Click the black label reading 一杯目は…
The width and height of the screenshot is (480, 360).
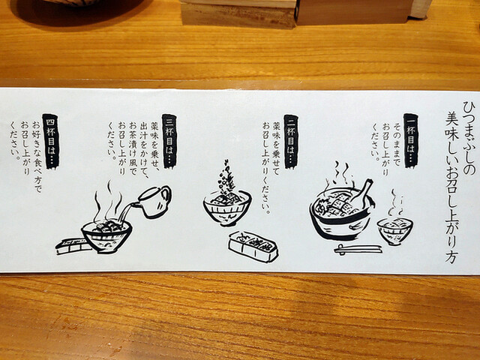(x=410, y=140)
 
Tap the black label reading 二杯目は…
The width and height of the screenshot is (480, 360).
(x=291, y=142)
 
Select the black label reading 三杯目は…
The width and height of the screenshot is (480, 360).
(x=170, y=141)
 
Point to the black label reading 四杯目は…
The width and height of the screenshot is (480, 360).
(x=51, y=142)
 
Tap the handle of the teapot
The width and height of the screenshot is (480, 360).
(x=166, y=195)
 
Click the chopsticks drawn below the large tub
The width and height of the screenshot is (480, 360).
(x=358, y=249)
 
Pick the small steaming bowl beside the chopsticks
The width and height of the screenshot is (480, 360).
(x=395, y=230)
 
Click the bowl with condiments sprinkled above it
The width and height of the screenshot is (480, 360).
(x=227, y=208)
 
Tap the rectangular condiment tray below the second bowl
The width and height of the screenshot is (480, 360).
(x=253, y=247)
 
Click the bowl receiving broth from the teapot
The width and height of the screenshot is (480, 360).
(x=106, y=235)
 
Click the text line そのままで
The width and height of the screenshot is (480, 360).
(x=397, y=145)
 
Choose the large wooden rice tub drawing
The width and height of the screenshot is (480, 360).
(x=341, y=213)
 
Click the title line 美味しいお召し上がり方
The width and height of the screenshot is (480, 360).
(x=451, y=187)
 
